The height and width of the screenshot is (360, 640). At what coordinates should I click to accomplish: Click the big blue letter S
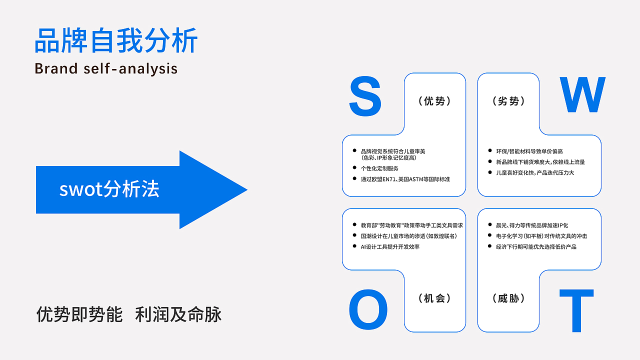(365, 96)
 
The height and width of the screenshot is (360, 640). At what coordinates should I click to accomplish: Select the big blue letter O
(368, 310)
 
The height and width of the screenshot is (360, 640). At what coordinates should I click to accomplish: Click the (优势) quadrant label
(434, 101)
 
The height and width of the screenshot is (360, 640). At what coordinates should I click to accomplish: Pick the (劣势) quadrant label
(508, 101)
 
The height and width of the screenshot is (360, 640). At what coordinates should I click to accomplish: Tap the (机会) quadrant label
(434, 298)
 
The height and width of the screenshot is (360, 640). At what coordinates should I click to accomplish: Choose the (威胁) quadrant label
(508, 298)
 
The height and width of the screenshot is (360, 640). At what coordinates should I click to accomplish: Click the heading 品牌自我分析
(116, 41)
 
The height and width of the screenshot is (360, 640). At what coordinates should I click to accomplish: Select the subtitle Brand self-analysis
(106, 68)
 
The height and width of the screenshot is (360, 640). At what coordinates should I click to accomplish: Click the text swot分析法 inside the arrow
(109, 189)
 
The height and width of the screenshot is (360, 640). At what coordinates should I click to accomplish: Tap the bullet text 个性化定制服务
(379, 168)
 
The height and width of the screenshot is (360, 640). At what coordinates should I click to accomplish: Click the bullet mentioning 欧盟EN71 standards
(405, 179)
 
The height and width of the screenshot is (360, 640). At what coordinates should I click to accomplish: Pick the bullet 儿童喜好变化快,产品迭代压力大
(534, 172)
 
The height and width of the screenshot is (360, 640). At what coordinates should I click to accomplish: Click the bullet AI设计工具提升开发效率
(390, 246)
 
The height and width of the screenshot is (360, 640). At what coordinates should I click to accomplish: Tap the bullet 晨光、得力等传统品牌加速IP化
(531, 225)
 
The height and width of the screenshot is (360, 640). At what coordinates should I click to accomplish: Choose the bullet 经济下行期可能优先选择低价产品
(535, 246)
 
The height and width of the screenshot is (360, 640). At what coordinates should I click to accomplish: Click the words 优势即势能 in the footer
(79, 315)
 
